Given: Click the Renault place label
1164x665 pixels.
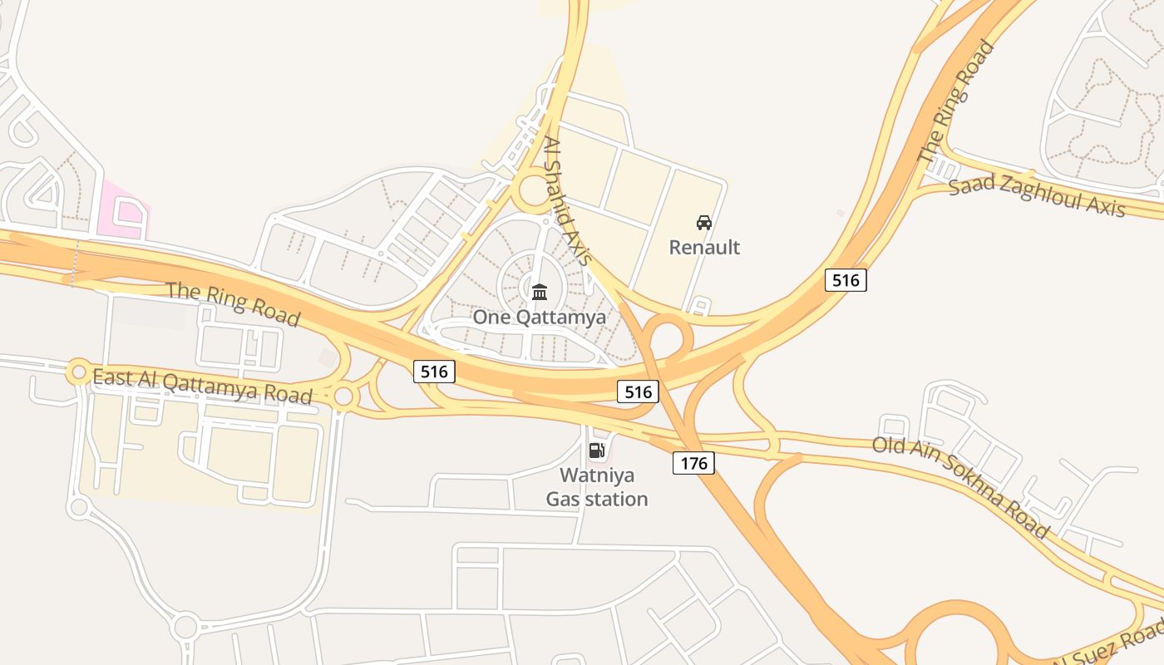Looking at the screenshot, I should [x=704, y=247].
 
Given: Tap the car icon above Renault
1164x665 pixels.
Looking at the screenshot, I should [x=704, y=223].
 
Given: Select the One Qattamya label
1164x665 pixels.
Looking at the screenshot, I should [x=539, y=317].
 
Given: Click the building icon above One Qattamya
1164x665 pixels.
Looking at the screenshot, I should [x=539, y=292].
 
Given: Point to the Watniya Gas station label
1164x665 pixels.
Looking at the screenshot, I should [x=597, y=487].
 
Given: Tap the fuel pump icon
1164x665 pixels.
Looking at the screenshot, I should [x=596, y=451].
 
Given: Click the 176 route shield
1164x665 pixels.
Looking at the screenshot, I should [x=693, y=463].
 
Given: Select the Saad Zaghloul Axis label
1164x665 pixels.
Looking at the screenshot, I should [x=1037, y=197].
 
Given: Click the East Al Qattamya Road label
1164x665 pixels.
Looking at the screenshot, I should [x=202, y=387].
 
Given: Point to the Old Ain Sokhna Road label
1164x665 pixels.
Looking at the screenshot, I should [x=960, y=486].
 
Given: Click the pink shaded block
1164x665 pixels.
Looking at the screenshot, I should [x=123, y=208].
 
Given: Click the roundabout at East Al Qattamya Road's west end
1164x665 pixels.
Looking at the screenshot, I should [x=79, y=372].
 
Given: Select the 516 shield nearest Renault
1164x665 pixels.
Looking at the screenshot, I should [x=846, y=280].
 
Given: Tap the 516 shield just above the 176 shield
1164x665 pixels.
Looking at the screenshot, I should [x=638, y=391].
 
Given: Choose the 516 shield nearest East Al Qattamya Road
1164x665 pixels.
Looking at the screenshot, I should [x=434, y=372].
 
